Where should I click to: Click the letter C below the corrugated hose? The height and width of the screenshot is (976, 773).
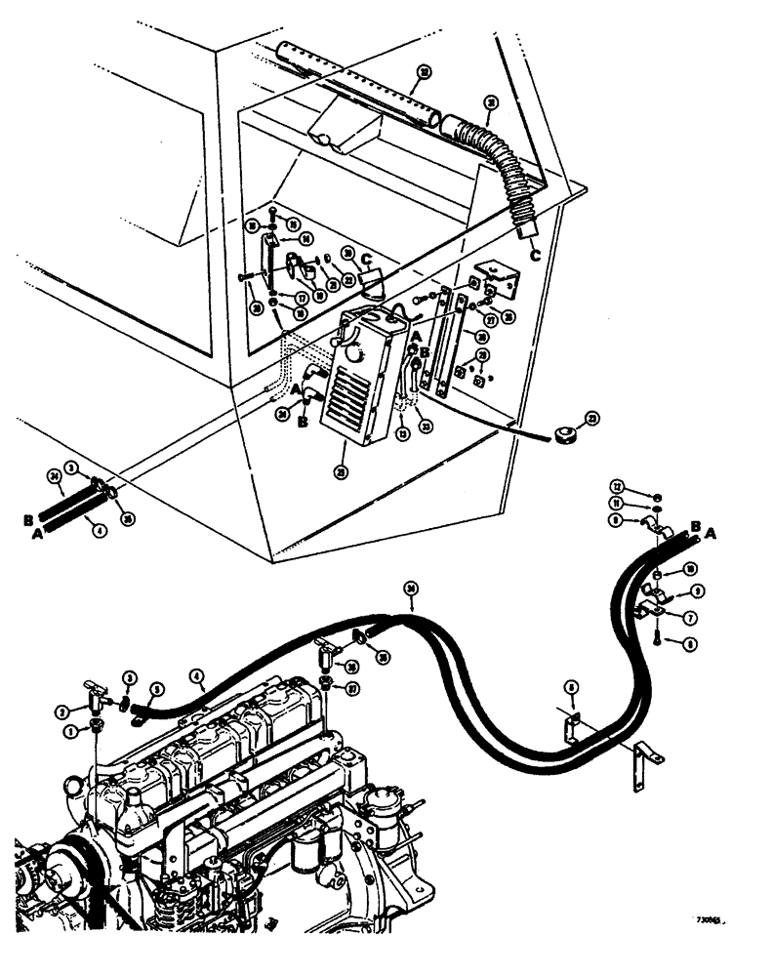click(535, 257)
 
